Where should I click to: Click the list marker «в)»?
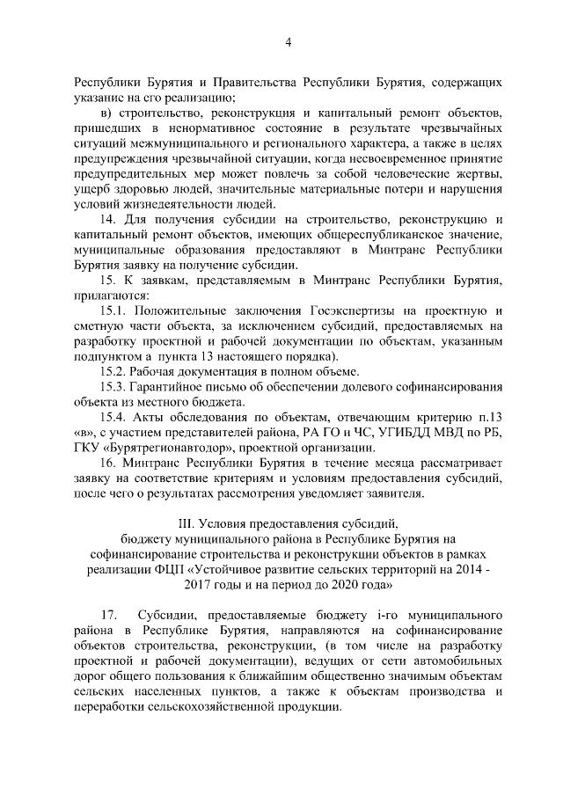click(106, 113)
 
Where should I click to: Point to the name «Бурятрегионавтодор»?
click(170, 447)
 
